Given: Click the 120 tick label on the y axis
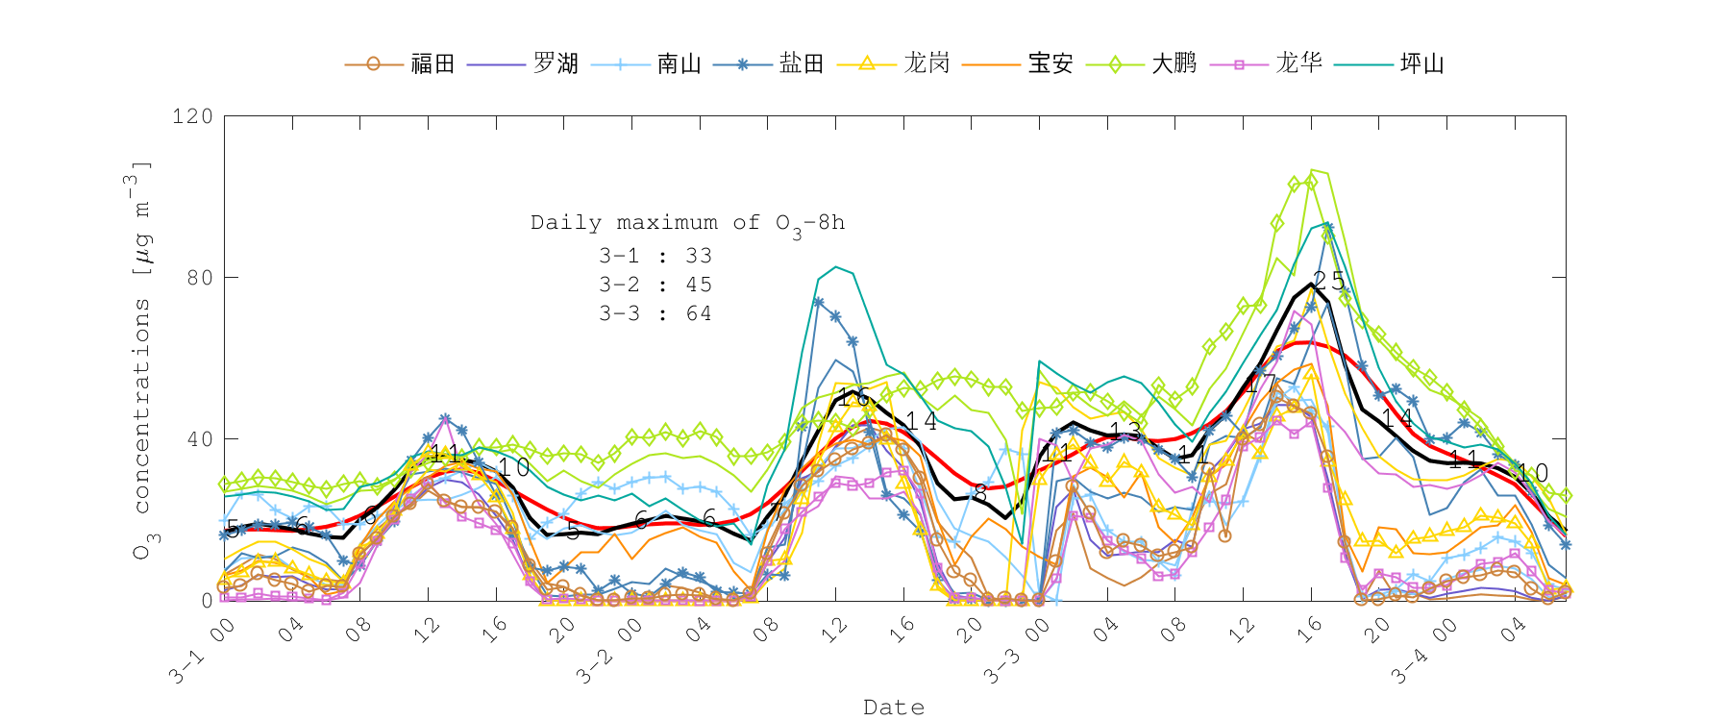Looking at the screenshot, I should pyautogui.click(x=192, y=116).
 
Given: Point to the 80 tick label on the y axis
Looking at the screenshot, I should pyautogui.click(x=199, y=278).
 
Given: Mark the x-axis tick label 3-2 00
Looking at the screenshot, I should pyautogui.click(x=609, y=651).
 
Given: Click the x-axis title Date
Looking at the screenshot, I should pyautogui.click(x=894, y=708).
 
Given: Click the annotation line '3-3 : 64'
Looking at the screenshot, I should pyautogui.click(x=655, y=314).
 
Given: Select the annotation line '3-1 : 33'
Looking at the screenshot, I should pyautogui.click(x=655, y=257).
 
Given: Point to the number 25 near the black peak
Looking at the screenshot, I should pyautogui.click(x=1329, y=281).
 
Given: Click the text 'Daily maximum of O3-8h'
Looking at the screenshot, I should pyautogui.click(x=688, y=224).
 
